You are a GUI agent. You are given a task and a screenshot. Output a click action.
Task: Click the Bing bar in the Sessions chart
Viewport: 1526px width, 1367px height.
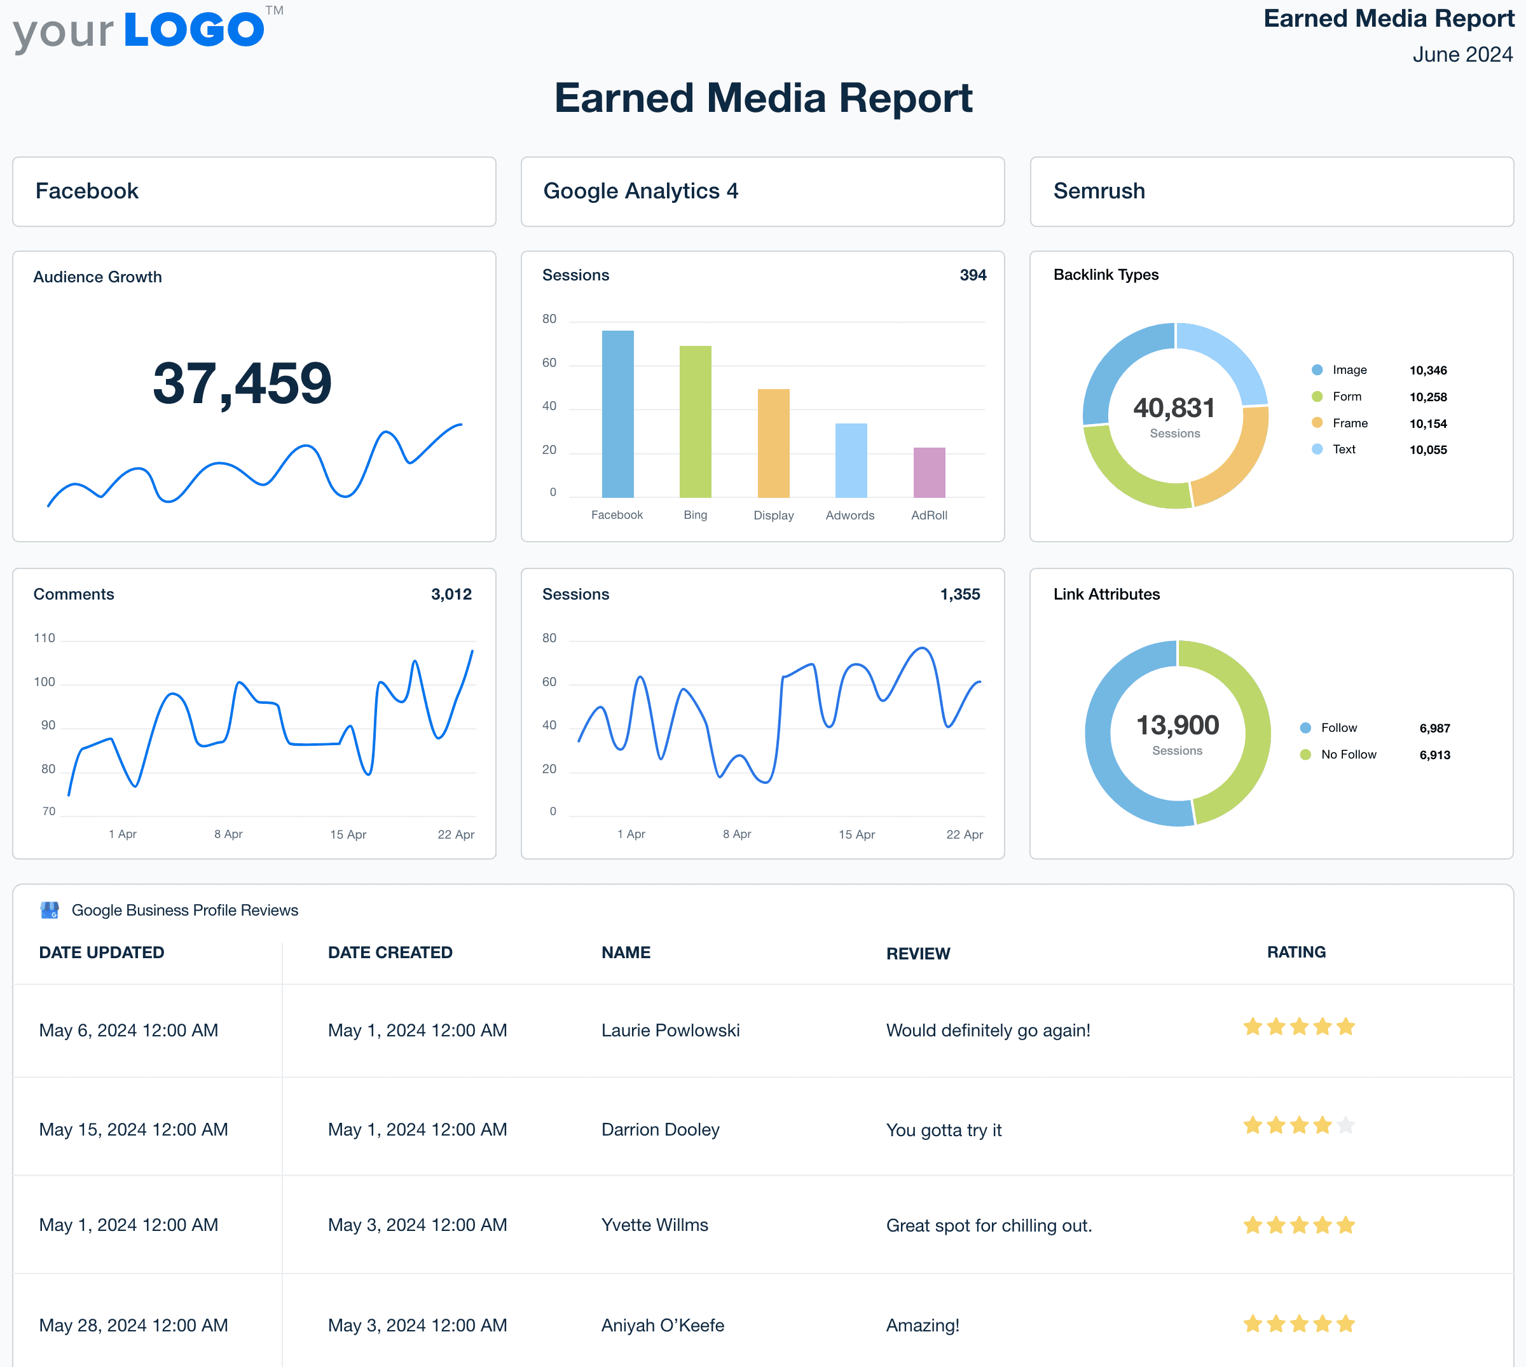pos(696,422)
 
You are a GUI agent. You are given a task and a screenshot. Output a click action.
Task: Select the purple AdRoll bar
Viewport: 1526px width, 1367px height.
pos(929,472)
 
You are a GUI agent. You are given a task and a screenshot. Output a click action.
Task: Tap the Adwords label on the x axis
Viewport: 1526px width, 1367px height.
pos(849,515)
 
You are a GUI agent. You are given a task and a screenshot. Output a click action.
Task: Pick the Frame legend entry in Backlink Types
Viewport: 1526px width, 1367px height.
pos(1349,423)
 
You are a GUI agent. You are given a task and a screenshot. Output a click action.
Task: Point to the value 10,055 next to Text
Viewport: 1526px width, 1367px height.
pos(1427,450)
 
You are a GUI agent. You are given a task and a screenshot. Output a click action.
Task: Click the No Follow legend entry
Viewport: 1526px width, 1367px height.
pos(1348,755)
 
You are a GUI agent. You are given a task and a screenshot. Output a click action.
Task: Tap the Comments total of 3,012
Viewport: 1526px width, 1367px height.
pos(451,594)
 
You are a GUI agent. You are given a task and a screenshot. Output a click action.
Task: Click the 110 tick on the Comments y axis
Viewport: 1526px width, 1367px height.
pos(45,638)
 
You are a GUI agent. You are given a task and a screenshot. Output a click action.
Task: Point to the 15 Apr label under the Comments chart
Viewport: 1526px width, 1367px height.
pos(348,834)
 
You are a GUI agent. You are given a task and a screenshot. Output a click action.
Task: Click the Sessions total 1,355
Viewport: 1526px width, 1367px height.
pos(959,594)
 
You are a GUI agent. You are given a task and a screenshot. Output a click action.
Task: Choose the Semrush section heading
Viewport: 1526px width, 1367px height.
pos(1099,191)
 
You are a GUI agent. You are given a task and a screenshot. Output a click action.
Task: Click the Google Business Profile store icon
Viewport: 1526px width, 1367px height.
pos(50,910)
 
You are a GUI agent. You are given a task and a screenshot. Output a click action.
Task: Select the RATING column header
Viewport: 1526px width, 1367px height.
pos(1296,952)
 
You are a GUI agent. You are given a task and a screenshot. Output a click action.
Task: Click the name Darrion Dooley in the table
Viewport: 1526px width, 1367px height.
pos(660,1130)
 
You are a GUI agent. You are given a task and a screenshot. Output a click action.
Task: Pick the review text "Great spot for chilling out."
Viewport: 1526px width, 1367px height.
pos(988,1226)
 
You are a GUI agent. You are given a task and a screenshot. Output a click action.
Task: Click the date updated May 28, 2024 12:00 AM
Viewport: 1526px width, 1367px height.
pos(134,1326)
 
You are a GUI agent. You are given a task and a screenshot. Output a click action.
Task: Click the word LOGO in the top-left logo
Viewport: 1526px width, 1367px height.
pos(194,30)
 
